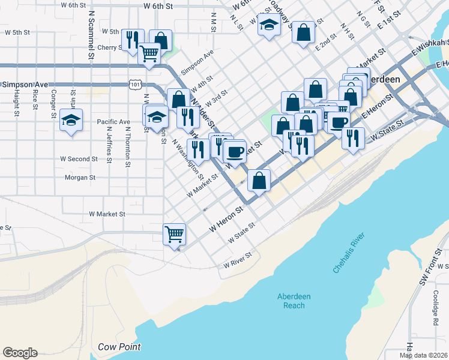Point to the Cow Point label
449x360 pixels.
(119, 347)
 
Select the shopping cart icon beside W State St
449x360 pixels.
(175, 234)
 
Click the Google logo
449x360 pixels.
(20, 353)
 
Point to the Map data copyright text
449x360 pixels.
(423, 355)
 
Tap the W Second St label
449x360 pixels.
(79, 159)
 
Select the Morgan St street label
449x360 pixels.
(80, 178)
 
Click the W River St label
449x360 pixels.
(237, 263)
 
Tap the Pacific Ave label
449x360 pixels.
(113, 122)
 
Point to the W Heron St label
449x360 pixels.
(224, 220)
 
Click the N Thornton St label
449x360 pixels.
(128, 147)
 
